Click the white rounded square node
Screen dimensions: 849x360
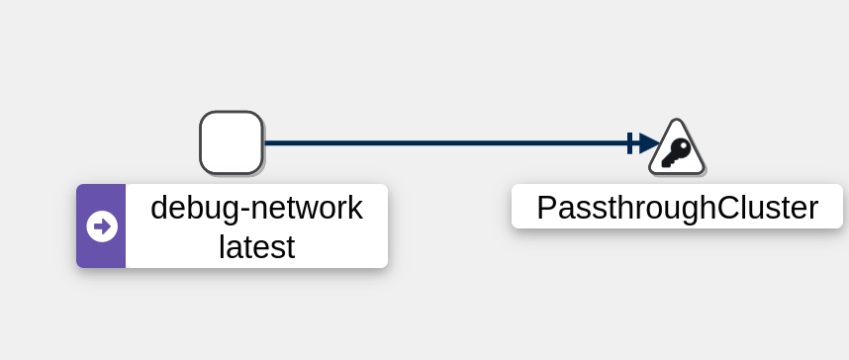click(232, 143)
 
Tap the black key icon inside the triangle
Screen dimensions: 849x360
click(676, 152)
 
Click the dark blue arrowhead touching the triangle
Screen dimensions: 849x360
click(649, 143)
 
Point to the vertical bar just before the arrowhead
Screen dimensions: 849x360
click(629, 143)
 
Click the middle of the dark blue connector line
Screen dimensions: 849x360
click(445, 143)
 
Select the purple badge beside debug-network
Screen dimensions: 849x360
click(101, 225)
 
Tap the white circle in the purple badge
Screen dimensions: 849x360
click(102, 226)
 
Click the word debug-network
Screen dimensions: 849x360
click(256, 208)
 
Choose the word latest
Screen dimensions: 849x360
click(256, 247)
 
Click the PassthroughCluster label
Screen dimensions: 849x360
click(678, 207)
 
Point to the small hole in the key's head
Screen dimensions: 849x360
click(684, 146)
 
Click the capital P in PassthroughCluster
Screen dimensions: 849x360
click(547, 208)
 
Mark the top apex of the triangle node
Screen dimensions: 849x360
click(677, 119)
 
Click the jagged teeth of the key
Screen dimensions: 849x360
click(668, 161)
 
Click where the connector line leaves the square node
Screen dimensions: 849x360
click(264, 143)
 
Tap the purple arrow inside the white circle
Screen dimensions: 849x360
click(102, 226)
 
